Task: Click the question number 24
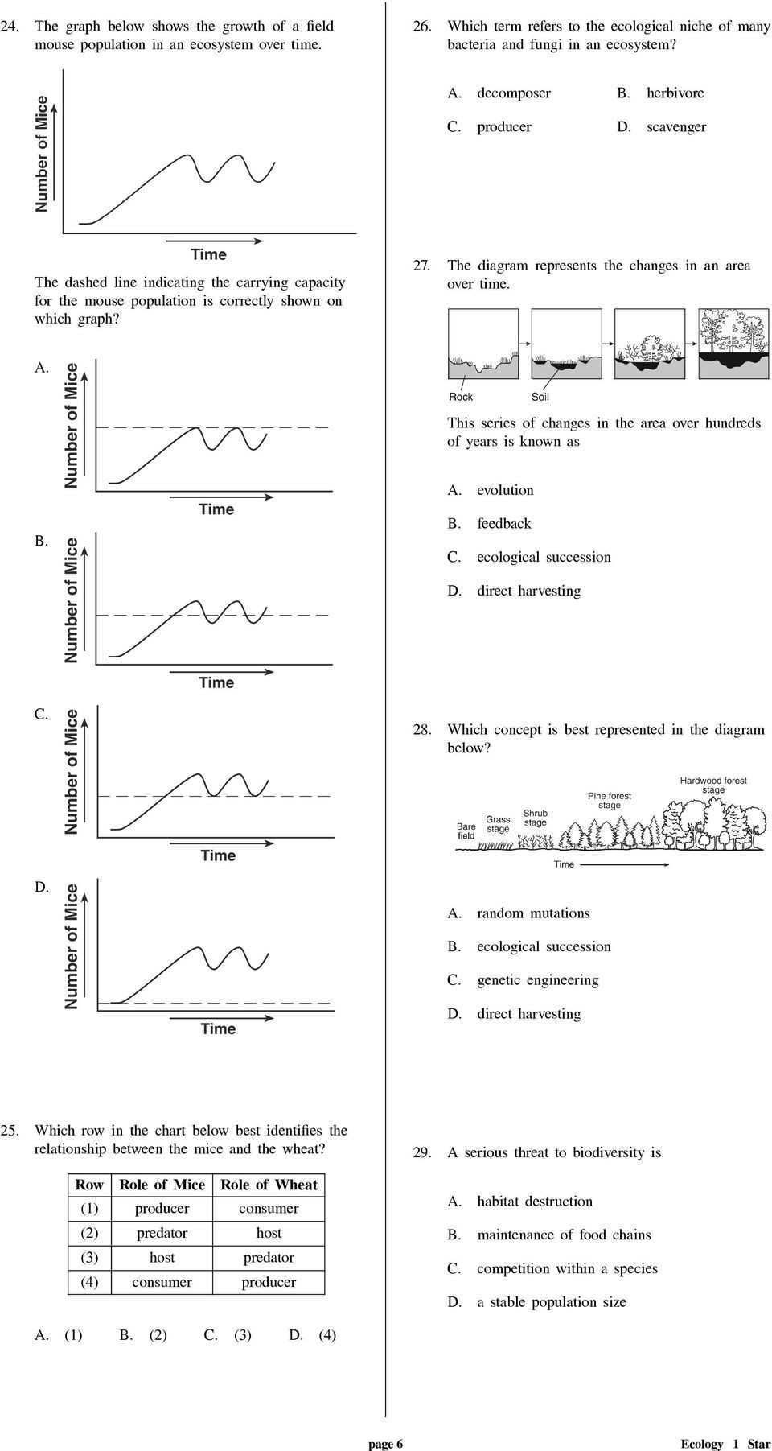10,27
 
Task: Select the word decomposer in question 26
513,93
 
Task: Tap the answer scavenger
675,127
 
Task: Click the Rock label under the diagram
461,397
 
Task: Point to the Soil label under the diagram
540,397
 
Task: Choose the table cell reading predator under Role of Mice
162,1233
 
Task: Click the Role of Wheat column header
269,1185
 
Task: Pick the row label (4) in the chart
89,1282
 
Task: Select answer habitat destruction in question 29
534,1202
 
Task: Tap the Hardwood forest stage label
713,785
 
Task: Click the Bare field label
466,831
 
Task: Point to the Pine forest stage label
610,800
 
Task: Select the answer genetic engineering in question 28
537,980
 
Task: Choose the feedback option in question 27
503,524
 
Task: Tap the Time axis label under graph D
218,1028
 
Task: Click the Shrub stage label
535,818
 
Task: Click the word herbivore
675,93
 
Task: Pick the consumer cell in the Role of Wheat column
269,1209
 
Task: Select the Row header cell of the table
89,1185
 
